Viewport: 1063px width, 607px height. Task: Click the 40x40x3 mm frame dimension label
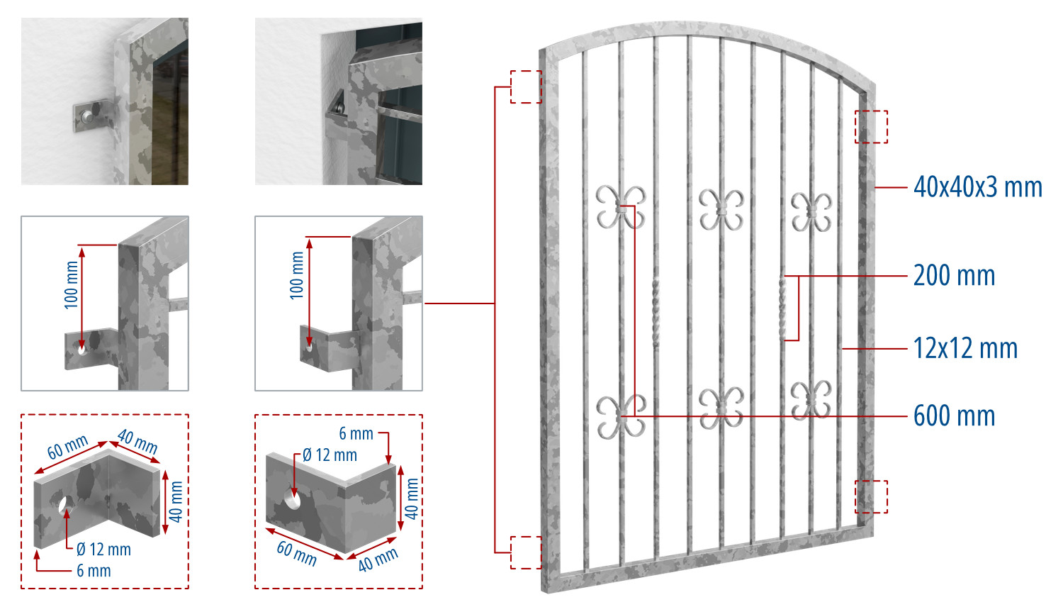pyautogui.click(x=977, y=187)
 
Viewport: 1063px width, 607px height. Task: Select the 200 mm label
pyautogui.click(x=954, y=275)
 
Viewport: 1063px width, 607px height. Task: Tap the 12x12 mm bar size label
pyautogui.click(x=965, y=348)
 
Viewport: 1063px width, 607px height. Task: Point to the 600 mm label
pyautogui.click(x=954, y=416)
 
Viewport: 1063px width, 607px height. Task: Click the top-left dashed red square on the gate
pyautogui.click(x=526, y=87)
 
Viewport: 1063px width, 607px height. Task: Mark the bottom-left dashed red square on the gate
pyautogui.click(x=526, y=552)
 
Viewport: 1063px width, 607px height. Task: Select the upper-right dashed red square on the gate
pyautogui.click(x=871, y=127)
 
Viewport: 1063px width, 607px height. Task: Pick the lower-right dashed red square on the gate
pyautogui.click(x=871, y=497)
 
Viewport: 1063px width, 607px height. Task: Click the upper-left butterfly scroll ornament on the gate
pyautogui.click(x=621, y=208)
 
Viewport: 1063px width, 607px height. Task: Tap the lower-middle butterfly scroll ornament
pyautogui.click(x=721, y=408)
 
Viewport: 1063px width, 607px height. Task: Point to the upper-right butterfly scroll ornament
pyautogui.click(x=811, y=212)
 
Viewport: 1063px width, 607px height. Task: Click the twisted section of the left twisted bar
pyautogui.click(x=656, y=312)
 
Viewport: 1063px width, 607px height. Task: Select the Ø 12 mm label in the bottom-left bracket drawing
pyautogui.click(x=103, y=550)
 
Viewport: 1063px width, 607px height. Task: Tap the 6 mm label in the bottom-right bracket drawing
pyautogui.click(x=356, y=434)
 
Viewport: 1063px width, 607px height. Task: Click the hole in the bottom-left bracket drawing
pyautogui.click(x=66, y=504)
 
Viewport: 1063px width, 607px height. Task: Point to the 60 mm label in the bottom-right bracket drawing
pyautogui.click(x=297, y=553)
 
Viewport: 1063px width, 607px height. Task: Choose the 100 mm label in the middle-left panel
pyautogui.click(x=71, y=285)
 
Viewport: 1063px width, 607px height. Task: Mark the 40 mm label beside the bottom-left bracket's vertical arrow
pyautogui.click(x=176, y=501)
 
